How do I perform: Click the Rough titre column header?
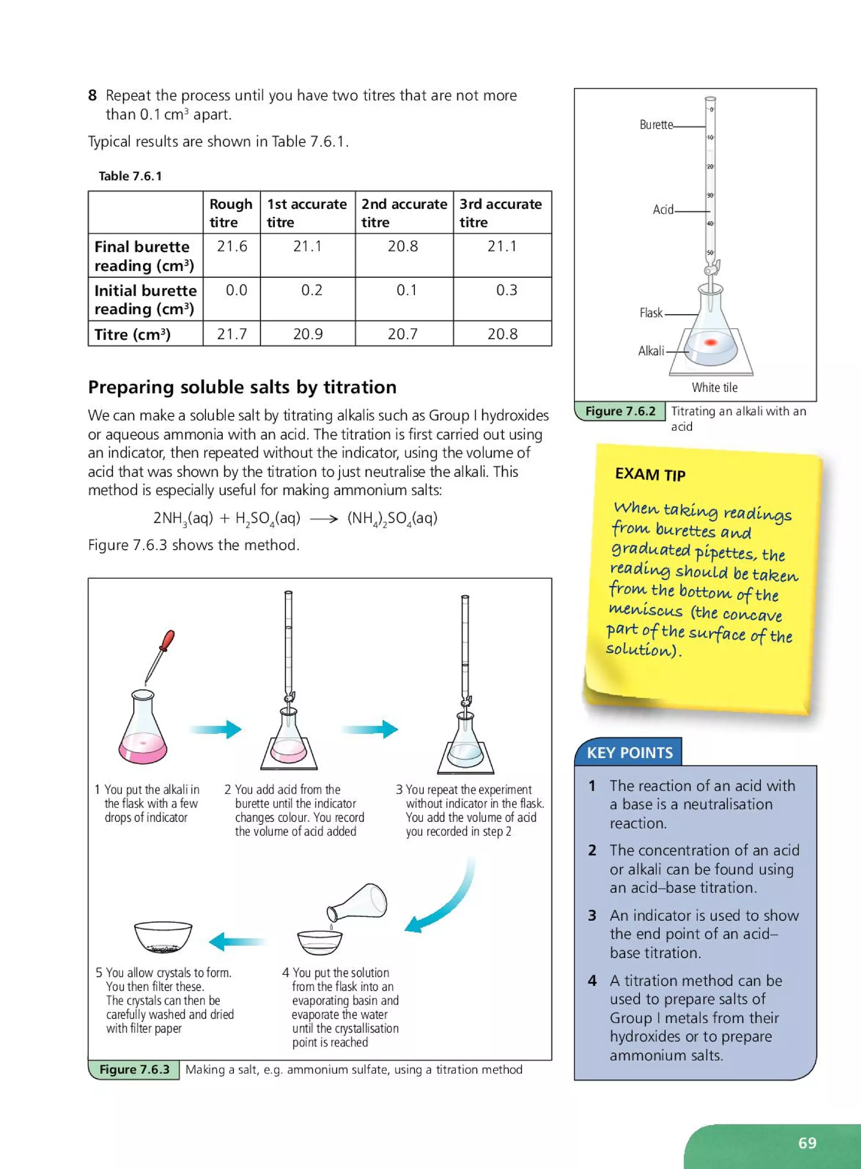point(230,213)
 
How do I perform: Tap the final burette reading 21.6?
point(232,246)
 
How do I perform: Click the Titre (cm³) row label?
point(132,334)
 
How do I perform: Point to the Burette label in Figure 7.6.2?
point(656,124)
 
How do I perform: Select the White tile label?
point(715,387)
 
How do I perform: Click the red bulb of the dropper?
point(168,640)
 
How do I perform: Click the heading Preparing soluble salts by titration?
point(242,387)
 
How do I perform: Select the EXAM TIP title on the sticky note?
point(650,474)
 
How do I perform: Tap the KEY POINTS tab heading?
point(630,752)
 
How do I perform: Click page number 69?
point(807,1143)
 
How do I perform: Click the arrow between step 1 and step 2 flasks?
point(216,729)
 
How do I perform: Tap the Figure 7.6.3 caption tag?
point(134,1069)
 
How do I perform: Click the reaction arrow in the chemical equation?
point(324,519)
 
